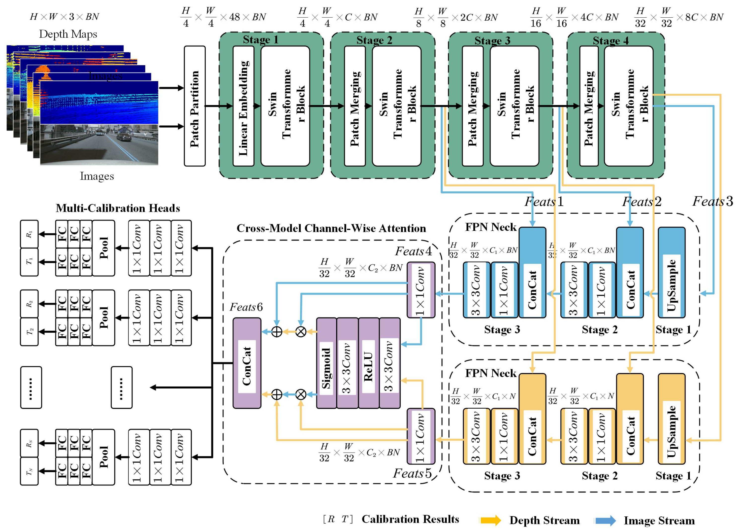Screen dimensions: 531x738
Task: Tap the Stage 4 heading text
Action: (610, 41)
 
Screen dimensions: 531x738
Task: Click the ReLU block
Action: (368, 363)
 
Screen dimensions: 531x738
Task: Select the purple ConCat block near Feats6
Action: (247, 363)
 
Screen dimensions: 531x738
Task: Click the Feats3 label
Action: (712, 201)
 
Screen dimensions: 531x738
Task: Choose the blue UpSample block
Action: (671, 273)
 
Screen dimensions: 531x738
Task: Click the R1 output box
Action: (29, 234)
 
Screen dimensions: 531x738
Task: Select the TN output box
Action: (29, 471)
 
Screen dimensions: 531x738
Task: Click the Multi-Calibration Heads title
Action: (118, 208)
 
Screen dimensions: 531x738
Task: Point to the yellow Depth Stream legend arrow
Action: (490, 520)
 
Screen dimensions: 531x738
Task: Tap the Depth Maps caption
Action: (68, 34)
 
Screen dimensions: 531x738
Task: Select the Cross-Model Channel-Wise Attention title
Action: (331, 228)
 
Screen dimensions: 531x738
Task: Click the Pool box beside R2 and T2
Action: (103, 318)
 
